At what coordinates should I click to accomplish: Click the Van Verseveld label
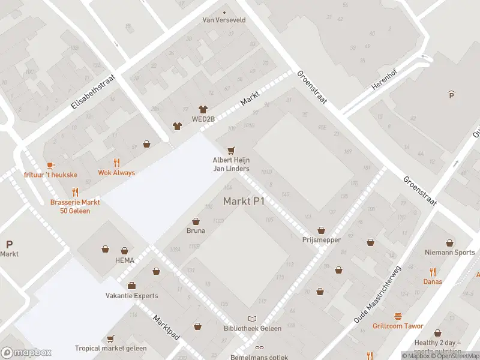pos(224,20)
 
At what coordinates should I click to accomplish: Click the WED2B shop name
pos(203,119)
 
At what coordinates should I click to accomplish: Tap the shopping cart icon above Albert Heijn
pos(230,150)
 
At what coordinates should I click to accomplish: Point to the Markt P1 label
pos(244,201)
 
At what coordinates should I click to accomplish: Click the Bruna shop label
pos(196,230)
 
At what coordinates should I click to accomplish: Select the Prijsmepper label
pos(322,240)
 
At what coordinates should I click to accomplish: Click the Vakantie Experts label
pos(131,296)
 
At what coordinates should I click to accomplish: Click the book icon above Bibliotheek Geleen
pos(252,319)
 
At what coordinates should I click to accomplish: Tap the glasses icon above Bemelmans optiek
pos(259,347)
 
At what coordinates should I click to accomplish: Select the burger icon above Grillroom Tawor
pos(397,316)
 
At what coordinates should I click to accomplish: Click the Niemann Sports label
pos(449,253)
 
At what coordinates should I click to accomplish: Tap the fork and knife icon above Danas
pos(433,272)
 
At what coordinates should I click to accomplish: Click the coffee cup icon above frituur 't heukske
pos(50,164)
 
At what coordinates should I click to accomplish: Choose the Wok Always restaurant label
pos(116,173)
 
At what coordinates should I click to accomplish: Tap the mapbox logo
pos(26,353)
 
